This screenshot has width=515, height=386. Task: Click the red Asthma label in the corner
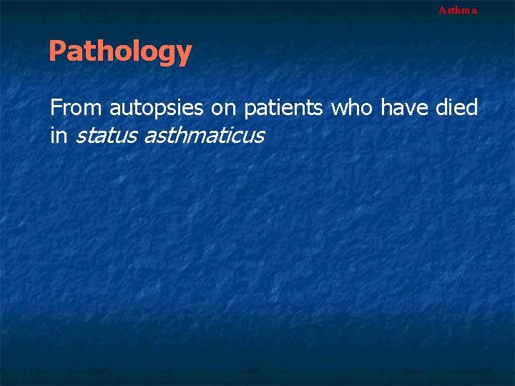point(457,10)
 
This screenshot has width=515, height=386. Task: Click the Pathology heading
point(120,51)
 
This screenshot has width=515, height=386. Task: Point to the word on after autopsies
point(225,108)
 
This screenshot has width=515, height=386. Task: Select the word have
point(404,108)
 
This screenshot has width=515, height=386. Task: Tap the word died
point(456,108)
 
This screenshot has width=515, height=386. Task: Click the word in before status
point(57,134)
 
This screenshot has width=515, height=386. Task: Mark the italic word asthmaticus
point(204,134)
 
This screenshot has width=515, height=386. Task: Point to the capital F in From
point(55,108)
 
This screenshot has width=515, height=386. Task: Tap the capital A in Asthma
point(442,10)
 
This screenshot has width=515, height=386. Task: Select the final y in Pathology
point(185,54)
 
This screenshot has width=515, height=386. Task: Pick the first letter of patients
point(250,111)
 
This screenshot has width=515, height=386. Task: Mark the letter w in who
point(338,109)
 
